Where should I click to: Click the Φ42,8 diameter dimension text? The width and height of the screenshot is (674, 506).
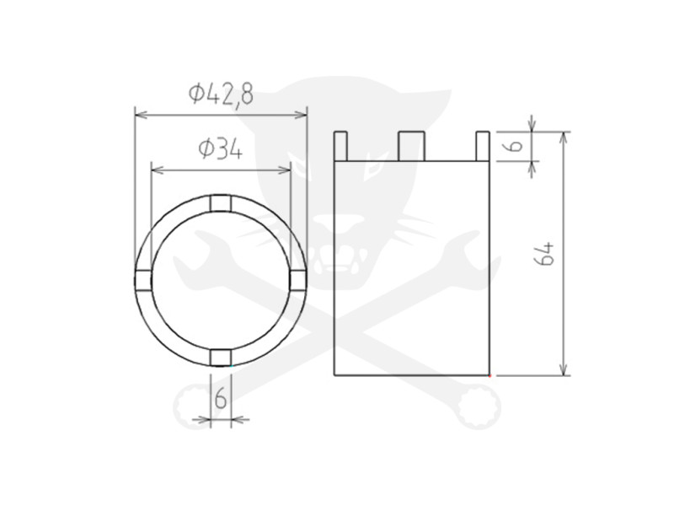221,94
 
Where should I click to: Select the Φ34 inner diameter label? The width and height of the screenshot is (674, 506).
221,150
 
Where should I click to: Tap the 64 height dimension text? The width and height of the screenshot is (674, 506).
545,254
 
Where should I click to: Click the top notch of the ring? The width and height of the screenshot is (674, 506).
221,203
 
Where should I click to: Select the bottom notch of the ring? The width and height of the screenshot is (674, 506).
221,358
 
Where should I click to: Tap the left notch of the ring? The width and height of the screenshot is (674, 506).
143,280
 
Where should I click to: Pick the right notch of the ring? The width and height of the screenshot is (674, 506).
297,280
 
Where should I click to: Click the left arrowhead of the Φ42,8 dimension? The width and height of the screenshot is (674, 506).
140,114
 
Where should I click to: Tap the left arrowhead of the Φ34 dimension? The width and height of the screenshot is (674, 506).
155,170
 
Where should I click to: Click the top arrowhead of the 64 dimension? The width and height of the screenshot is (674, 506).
564,137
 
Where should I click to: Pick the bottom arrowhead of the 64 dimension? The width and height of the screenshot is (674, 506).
564,370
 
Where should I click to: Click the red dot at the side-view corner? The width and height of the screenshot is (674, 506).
489,374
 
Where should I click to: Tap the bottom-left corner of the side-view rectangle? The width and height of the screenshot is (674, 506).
335,374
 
